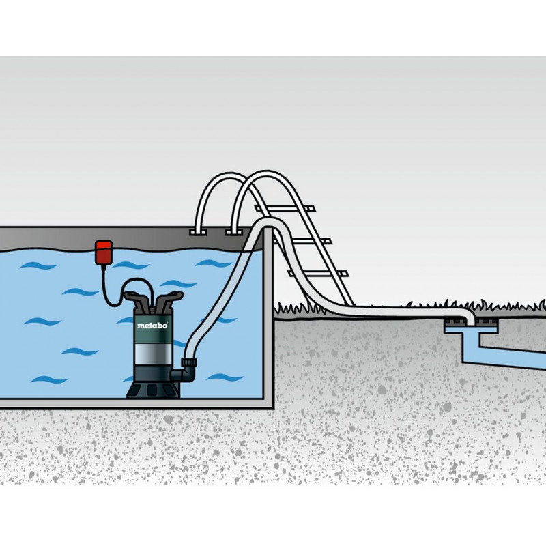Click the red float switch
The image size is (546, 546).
point(104,250)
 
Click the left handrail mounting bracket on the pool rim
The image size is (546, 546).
point(199,233)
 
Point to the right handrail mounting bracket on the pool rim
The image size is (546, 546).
point(234,233)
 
